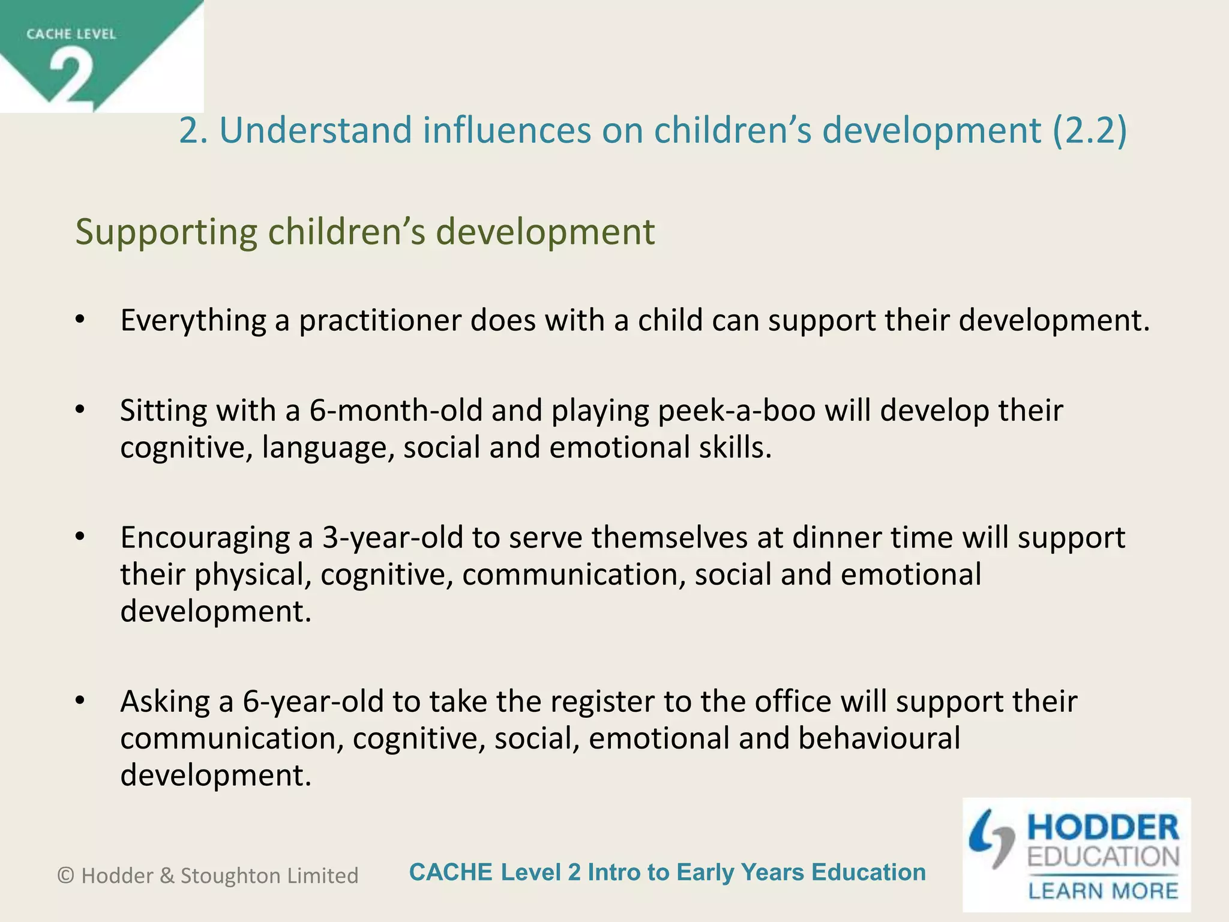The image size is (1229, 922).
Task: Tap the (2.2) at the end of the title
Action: [x=1089, y=130]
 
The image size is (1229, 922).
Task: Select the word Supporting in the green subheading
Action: [x=166, y=233]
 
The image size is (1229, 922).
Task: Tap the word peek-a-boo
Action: [x=736, y=411]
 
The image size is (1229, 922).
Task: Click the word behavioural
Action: [x=879, y=739]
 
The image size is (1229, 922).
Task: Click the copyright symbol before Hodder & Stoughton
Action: [x=66, y=876]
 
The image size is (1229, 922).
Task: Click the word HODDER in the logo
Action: [x=1103, y=828]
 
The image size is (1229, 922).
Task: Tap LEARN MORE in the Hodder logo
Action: [x=1103, y=891]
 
